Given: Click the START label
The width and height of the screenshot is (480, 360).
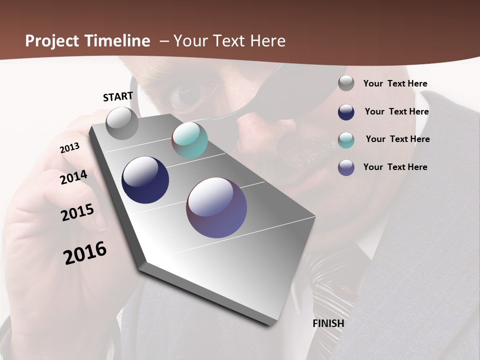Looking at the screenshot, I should pos(118,96).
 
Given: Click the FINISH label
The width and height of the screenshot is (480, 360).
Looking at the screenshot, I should pos(328,323).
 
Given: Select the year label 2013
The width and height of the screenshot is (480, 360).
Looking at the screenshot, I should pos(70,148).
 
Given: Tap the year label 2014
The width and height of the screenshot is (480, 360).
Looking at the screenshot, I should pos(74,177).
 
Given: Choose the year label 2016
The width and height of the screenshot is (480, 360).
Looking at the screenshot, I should pos(85,253).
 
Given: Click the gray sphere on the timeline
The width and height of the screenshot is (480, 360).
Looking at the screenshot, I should pos(122,123).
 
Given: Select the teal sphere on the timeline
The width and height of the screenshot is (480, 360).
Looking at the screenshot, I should pos(189,140).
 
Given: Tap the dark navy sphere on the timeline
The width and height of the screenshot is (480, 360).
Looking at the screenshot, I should pos(145,180).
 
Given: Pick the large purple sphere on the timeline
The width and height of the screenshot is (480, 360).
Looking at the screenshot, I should pos(216,207).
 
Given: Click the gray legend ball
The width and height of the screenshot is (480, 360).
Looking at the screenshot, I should pos(346,83).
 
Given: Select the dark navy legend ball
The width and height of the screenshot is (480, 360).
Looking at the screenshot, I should pos(346,112).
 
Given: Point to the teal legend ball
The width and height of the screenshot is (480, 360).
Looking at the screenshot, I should pos(346,140).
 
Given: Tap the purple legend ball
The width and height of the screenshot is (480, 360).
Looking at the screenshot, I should pos(346,167).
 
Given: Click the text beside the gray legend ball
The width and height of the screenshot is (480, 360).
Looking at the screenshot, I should pos(395,84).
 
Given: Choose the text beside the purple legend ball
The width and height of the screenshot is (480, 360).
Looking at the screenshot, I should pos(395,167).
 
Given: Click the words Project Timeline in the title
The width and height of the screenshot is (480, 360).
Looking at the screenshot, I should pos(87,41).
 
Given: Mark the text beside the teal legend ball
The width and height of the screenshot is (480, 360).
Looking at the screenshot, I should pos(397,139).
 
